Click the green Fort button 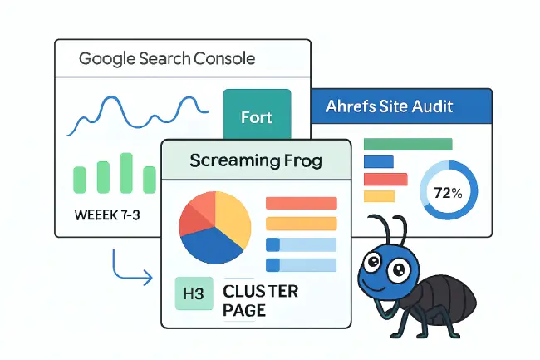257,115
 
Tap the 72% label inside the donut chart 448,193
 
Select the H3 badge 194,293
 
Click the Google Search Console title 167,58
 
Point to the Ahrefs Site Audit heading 389,106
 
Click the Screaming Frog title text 256,160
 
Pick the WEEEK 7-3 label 107,215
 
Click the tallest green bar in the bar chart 126,173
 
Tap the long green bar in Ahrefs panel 408,144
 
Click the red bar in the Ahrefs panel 385,180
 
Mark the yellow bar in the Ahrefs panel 379,196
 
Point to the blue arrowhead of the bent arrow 149,277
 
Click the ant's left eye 373,261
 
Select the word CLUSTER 260,292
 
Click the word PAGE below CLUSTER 244,310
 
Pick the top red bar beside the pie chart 302,203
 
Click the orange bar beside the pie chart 302,224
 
